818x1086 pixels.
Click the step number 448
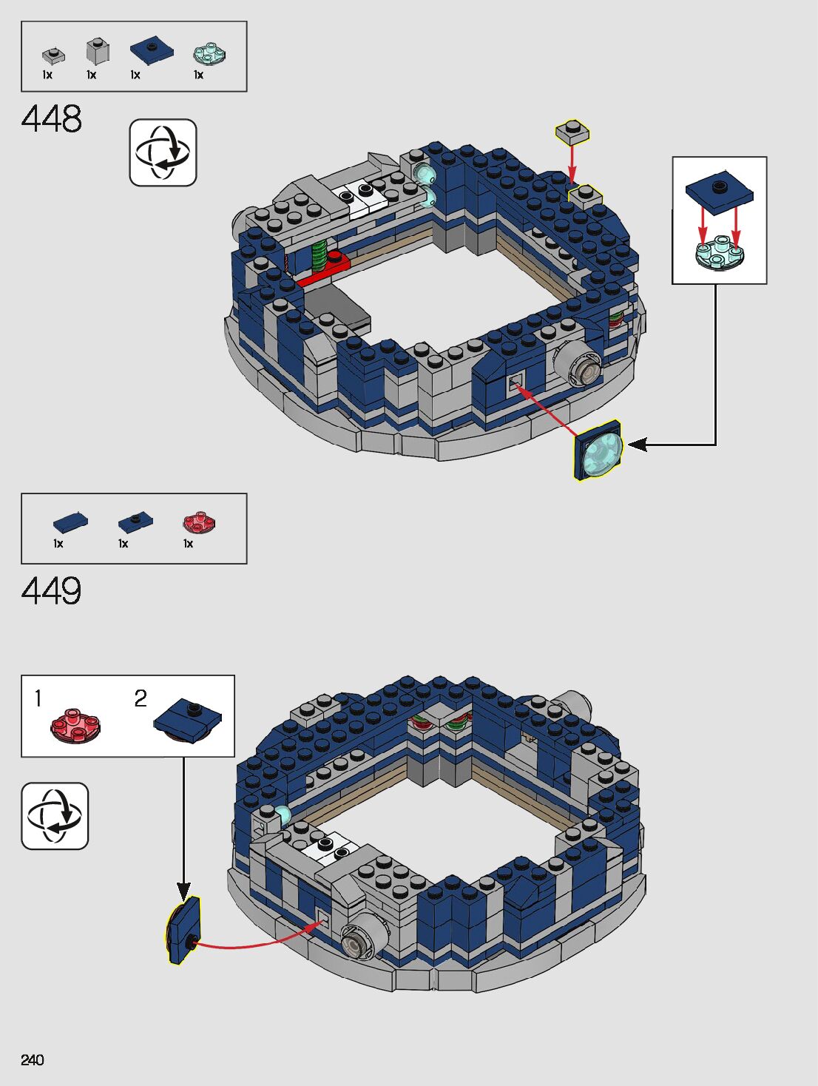[52, 119]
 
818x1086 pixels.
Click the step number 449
[52, 591]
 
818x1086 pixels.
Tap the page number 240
[33, 1060]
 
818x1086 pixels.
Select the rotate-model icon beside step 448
[163, 152]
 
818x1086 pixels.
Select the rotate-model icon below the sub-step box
[55, 816]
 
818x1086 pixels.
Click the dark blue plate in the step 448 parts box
[152, 50]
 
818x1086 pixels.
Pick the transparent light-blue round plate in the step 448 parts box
[209, 53]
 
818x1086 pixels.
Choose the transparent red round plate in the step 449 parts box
[199, 522]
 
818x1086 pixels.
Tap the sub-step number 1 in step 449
[38, 698]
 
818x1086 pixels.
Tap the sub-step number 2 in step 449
[141, 698]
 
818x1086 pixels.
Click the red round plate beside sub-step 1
[75, 725]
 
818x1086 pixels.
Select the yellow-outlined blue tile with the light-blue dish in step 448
[599, 450]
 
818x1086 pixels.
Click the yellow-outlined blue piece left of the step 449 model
[184, 930]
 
